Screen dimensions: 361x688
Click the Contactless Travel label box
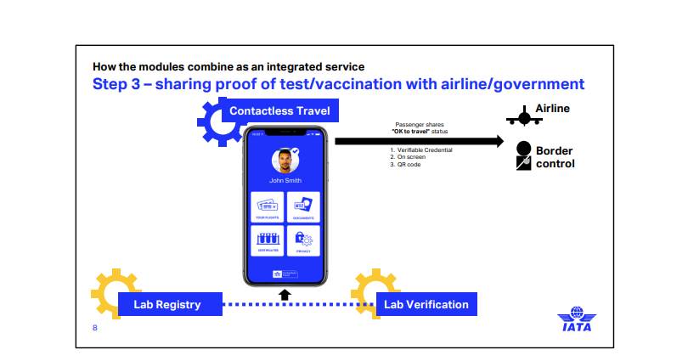[x=279, y=111]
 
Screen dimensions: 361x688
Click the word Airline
[x=552, y=109]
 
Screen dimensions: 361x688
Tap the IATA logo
[x=576, y=319]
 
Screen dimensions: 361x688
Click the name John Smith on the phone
[x=285, y=180]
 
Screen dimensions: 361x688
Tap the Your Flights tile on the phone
[x=268, y=206]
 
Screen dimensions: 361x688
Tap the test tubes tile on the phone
[x=268, y=240]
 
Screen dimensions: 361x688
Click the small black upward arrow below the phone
[x=285, y=294]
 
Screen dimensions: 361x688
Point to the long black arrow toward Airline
[x=416, y=140]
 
